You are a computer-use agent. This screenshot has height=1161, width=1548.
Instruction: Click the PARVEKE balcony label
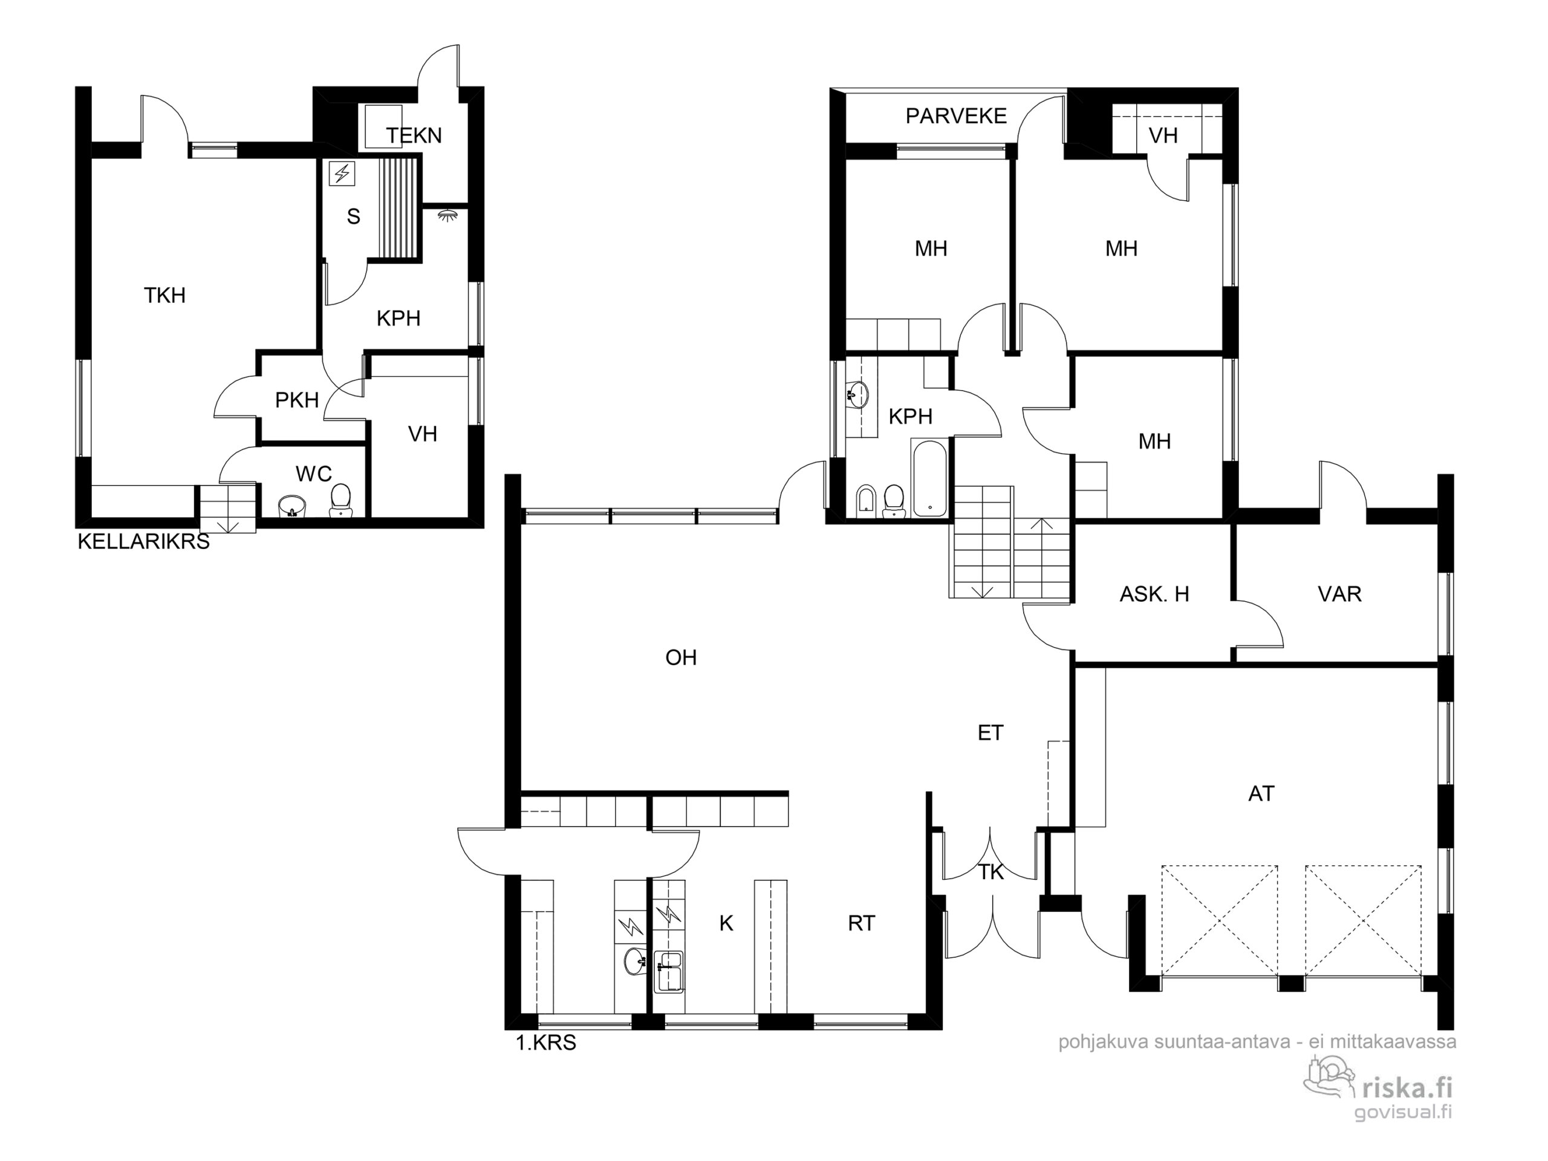pyautogui.click(x=956, y=116)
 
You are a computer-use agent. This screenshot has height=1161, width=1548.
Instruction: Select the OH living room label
pyautogui.click(x=681, y=658)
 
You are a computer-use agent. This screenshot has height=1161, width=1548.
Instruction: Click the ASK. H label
pyautogui.click(x=1155, y=594)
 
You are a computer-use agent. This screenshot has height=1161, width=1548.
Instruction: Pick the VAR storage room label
pyautogui.click(x=1339, y=594)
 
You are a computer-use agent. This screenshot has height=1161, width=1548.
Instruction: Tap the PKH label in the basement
pyautogui.click(x=297, y=400)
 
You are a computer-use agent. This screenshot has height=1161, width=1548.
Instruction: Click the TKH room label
pyautogui.click(x=165, y=295)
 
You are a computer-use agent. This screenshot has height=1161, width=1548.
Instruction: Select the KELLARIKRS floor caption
pyautogui.click(x=143, y=542)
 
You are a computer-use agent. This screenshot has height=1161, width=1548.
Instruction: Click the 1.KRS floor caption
pyautogui.click(x=546, y=1042)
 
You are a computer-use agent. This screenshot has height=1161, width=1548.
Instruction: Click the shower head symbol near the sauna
pyautogui.click(x=446, y=214)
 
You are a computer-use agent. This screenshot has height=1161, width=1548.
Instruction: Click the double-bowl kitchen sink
pyautogui.click(x=668, y=971)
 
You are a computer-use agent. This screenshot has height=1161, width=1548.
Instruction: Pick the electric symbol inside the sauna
pyautogui.click(x=342, y=174)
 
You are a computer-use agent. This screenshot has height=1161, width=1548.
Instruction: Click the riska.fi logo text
pyautogui.click(x=1407, y=1087)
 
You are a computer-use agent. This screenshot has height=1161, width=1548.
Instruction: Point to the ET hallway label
pyautogui.click(x=990, y=733)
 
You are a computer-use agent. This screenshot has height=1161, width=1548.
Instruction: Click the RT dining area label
pyautogui.click(x=862, y=923)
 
